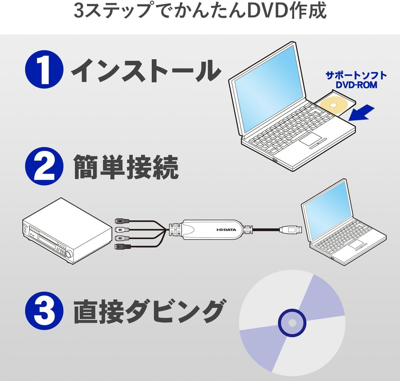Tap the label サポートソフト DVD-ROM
pyautogui.click(x=356, y=80)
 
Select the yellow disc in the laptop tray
pyautogui.click(x=333, y=105)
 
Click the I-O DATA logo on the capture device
pyautogui.click(x=226, y=230)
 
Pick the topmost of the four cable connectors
pyautogui.click(x=122, y=221)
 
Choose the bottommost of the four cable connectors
pyautogui.click(x=122, y=247)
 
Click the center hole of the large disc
pyautogui.click(x=292, y=323)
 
